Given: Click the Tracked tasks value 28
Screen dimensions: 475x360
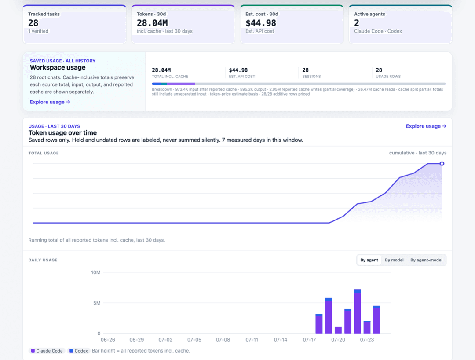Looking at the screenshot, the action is coord(33,23).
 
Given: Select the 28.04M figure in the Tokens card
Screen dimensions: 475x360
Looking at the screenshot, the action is coord(152,23).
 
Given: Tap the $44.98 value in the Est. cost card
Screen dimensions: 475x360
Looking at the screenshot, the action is coord(261,23).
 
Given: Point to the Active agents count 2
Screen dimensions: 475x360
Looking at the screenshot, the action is coord(357,23).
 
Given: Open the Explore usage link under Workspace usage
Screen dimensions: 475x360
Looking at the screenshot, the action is coord(50,102).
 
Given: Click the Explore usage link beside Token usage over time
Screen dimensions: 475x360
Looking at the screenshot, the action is coord(426,126).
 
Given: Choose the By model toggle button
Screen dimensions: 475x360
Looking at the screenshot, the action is coord(394,260).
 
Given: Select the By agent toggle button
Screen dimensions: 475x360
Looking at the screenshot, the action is coord(369,260).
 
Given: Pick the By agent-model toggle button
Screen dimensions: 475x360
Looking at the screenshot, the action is coord(426,260).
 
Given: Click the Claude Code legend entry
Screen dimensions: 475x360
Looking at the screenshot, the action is coord(47,351).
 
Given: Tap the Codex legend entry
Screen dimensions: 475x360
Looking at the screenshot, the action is coord(78,351).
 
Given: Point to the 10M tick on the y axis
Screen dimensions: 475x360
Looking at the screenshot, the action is coord(96,272).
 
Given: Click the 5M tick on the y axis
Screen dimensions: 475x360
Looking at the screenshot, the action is coord(97,303).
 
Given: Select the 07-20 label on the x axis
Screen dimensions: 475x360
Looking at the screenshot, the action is coord(338,340).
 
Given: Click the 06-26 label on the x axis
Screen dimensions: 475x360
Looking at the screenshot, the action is coord(108,340).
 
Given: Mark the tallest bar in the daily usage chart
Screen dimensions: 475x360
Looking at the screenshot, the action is coord(358,311).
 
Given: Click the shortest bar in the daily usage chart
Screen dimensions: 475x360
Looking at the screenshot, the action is coord(338,330).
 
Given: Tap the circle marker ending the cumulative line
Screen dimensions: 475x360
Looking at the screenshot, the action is coord(442,164).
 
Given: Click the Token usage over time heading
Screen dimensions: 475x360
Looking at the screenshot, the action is coord(63,133).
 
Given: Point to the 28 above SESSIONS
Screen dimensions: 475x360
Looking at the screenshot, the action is coord(305,70).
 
